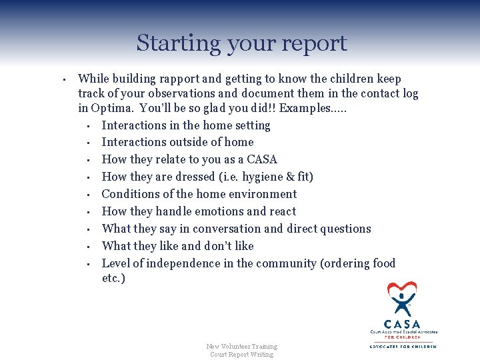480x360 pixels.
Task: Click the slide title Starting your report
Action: pos(241,43)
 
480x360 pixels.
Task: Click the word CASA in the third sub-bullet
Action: pos(262,159)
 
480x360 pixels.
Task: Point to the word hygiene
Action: pos(256,177)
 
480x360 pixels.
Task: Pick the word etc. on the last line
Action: pos(113,278)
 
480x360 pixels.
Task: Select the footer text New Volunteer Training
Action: pos(241,346)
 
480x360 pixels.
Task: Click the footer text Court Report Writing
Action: pos(241,354)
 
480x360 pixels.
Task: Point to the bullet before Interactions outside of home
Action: pos(88,143)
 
